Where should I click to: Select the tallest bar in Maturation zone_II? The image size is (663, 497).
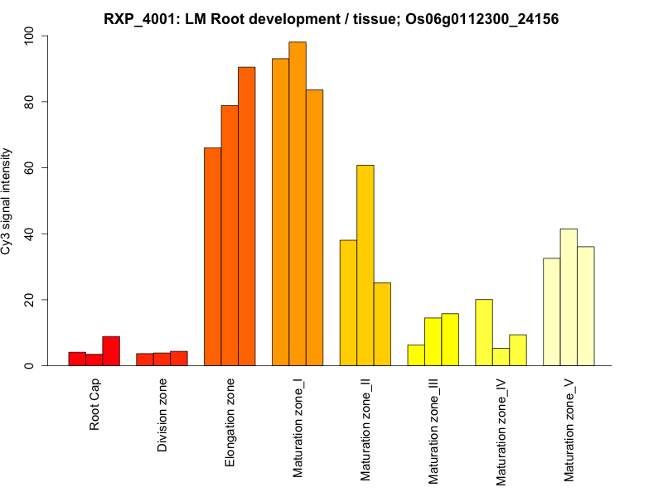click(365, 265)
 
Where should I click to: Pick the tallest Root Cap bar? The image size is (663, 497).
click(111, 351)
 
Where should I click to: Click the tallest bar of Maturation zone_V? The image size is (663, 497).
click(569, 297)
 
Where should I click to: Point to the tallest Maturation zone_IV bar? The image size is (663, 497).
click(484, 332)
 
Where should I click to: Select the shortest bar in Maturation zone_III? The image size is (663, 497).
click(416, 355)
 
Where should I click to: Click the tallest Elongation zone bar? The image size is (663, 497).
click(246, 216)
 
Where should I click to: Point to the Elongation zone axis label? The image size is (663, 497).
click(230, 422)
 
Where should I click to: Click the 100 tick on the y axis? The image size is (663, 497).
click(31, 36)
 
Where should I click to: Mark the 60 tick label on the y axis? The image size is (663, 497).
click(31, 168)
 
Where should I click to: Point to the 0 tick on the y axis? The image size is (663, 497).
click(31, 365)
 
